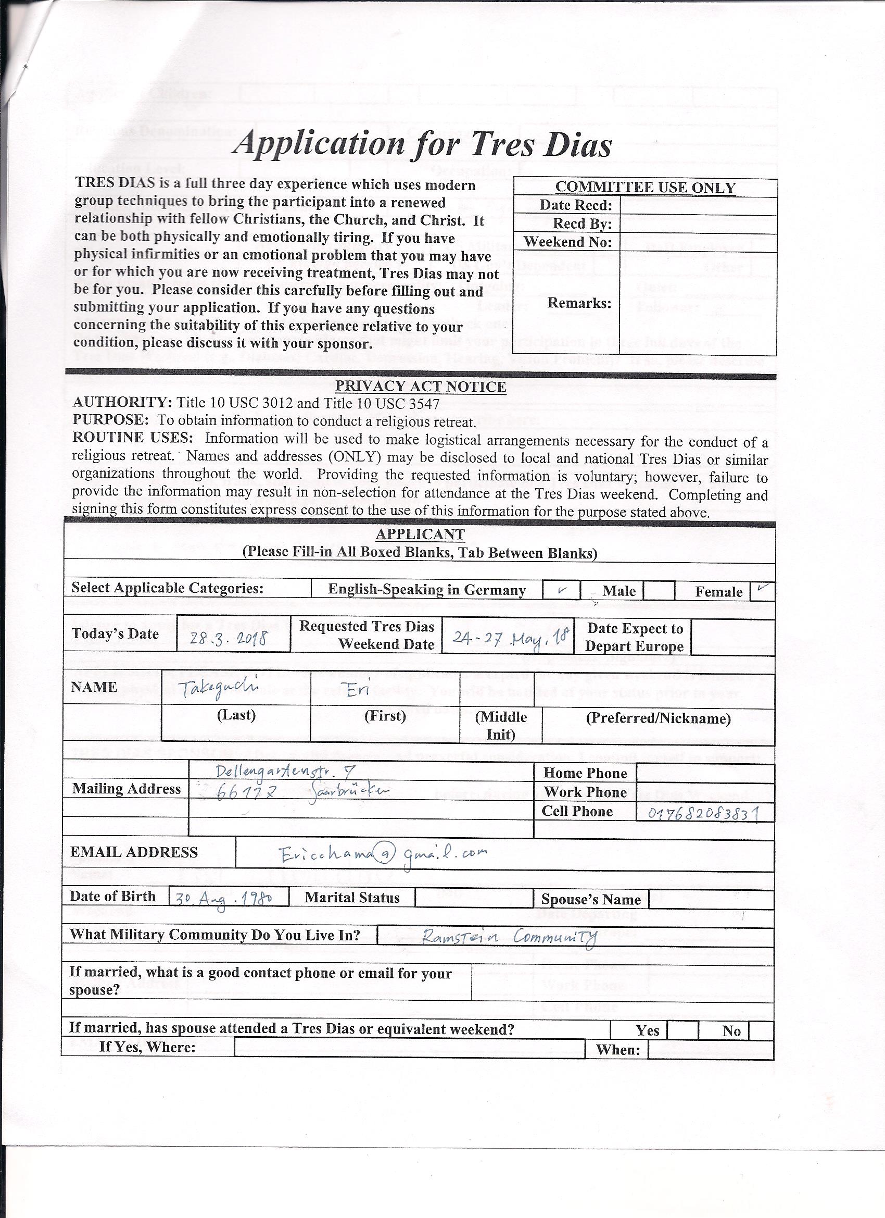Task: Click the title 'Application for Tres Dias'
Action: click(x=423, y=144)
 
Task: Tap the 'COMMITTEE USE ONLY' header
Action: click(x=645, y=188)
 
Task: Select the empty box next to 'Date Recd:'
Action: click(x=698, y=206)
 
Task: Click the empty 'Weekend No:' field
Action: click(x=698, y=242)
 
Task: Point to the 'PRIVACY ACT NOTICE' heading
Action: click(x=420, y=387)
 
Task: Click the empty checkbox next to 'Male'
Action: click(x=659, y=591)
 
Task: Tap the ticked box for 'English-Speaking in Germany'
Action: click(x=561, y=590)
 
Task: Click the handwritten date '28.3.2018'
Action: click(x=230, y=639)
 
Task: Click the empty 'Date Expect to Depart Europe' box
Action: click(x=732, y=637)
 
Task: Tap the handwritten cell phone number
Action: click(x=704, y=814)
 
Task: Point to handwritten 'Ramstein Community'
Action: click(x=509, y=937)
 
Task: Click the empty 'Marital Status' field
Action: click(x=474, y=898)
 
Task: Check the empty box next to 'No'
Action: click(x=761, y=1030)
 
